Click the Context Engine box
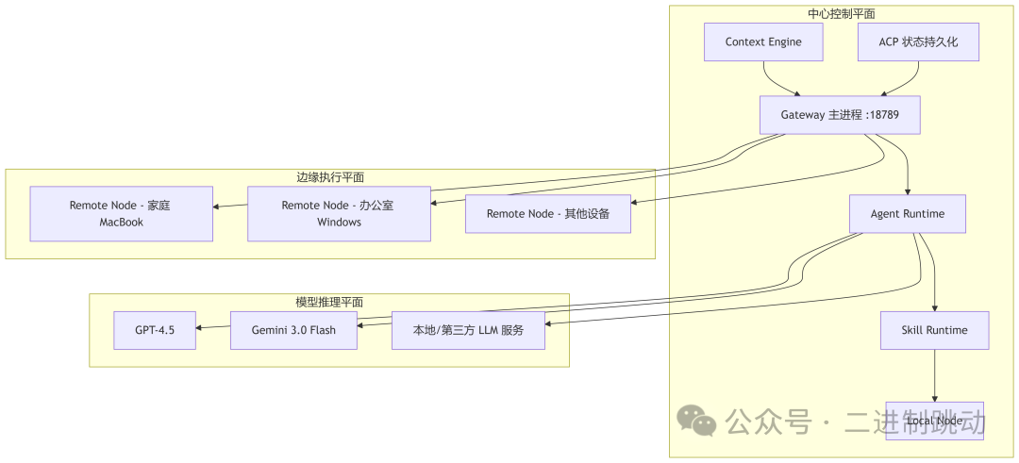click(764, 42)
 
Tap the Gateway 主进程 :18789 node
click(839, 115)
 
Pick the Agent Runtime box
click(908, 214)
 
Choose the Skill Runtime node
click(935, 331)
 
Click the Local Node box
click(934, 421)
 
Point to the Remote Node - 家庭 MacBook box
click(121, 214)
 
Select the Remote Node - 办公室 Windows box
click(339, 214)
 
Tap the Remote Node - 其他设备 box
click(548, 214)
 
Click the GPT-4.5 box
click(155, 330)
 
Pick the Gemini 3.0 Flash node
click(293, 330)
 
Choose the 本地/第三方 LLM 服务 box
click(468, 330)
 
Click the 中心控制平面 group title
click(842, 14)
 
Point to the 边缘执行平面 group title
click(330, 177)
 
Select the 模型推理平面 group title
click(329, 302)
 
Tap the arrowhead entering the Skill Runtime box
click(935, 307)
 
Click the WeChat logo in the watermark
click(699, 421)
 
